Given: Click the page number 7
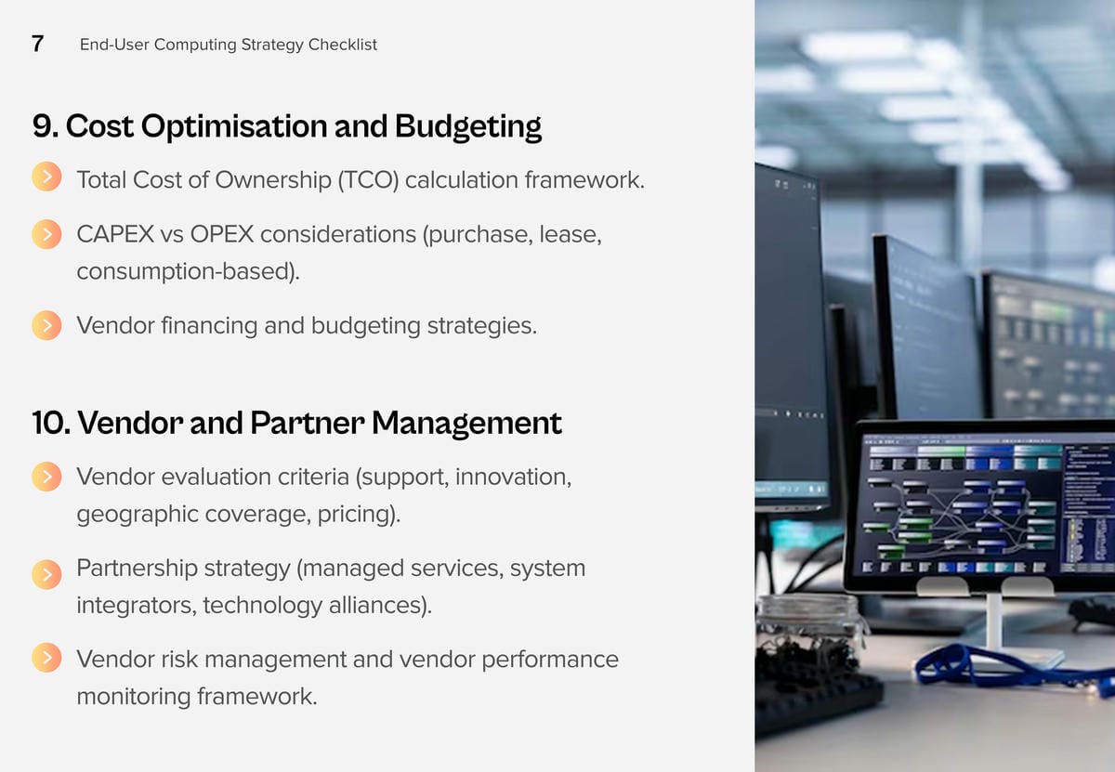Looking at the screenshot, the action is (37, 44).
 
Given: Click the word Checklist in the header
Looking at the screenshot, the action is (343, 45).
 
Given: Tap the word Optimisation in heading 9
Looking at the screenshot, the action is (234, 126).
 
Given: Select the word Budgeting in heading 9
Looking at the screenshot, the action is (468, 126).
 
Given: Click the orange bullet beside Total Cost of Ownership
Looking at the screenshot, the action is (46, 177).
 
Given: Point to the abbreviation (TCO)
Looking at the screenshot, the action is (368, 179).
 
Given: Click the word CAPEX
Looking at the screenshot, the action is (115, 234).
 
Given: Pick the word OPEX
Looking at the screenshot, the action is (222, 234).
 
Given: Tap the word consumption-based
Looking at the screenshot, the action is (188, 272).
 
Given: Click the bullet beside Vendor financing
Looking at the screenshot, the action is (46, 325).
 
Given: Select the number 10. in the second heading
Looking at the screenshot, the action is (51, 423).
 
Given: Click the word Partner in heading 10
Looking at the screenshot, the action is (308, 423).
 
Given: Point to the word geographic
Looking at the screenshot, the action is (138, 515).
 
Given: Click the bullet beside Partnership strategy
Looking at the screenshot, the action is (46, 574).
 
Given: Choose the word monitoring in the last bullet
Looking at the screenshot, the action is (134, 697).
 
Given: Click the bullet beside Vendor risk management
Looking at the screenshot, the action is (46, 658).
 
